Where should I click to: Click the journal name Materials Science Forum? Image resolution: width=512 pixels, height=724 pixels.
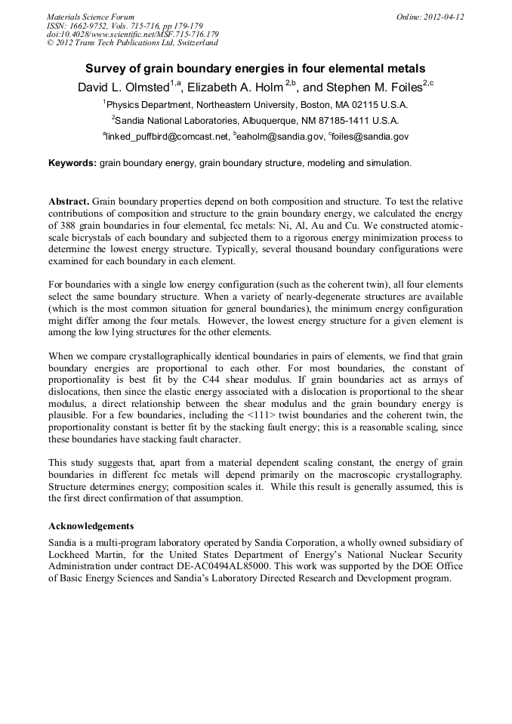pyautogui.click(x=91, y=17)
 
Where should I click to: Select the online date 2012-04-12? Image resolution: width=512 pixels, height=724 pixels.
pyautogui.click(x=443, y=17)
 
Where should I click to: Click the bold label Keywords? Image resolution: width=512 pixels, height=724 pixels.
pyautogui.click(x=72, y=163)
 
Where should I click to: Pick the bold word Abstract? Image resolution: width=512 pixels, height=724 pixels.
pyautogui.click(x=69, y=202)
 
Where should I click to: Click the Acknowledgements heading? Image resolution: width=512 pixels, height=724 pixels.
pyautogui.click(x=91, y=525)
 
